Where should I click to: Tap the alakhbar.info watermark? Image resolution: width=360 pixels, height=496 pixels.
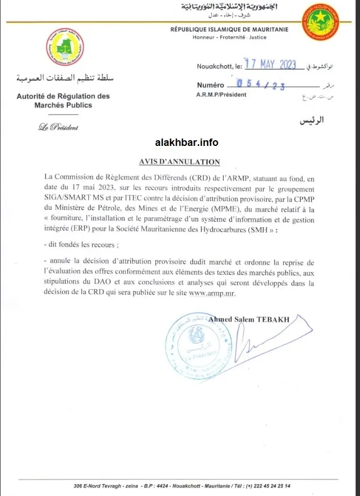click(186, 143)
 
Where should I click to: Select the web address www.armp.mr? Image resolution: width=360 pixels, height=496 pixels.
click(213, 293)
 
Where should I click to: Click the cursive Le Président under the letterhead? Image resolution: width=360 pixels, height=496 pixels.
click(58, 127)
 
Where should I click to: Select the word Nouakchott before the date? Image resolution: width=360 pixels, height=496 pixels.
click(213, 66)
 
